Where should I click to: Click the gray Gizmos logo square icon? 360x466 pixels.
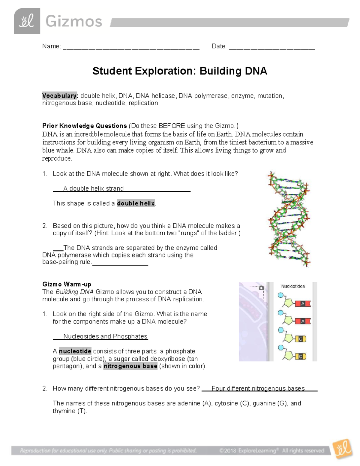pyautogui.click(x=27, y=21)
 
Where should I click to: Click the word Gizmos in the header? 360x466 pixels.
pyautogui.click(x=73, y=22)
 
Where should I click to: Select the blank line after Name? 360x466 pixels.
pyautogui.click(x=131, y=47)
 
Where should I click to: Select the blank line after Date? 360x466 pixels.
pyautogui.click(x=272, y=47)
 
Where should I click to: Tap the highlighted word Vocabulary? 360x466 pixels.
pyautogui.click(x=60, y=96)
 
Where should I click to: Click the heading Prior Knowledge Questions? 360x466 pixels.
pyautogui.click(x=85, y=126)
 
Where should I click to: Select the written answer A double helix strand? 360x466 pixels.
pyautogui.click(x=93, y=188)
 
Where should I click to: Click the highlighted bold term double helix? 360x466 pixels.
pyautogui.click(x=136, y=203)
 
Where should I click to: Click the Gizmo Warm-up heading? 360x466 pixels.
pyautogui.click(x=67, y=284)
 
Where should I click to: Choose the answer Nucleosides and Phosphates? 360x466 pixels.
pyautogui.click(x=105, y=336)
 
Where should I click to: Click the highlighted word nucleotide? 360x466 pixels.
pyautogui.click(x=75, y=351)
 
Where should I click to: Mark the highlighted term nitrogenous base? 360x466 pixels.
pyautogui.click(x=130, y=366)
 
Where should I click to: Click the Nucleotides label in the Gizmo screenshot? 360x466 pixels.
pyautogui.click(x=293, y=286)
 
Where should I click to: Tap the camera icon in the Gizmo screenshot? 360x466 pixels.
pyautogui.click(x=261, y=288)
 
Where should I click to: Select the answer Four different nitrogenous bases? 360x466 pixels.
pyautogui.click(x=258, y=389)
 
